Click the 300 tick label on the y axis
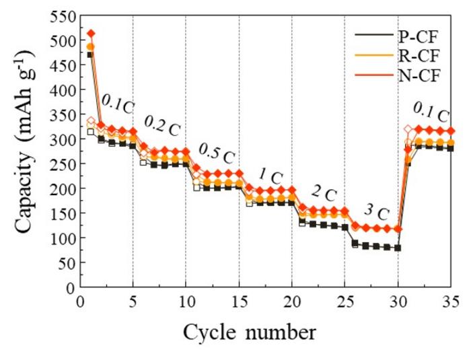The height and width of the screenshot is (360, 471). pyautogui.click(x=59, y=139)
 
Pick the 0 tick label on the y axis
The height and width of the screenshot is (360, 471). pyautogui.click(x=68, y=287)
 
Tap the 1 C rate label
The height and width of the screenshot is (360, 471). pyautogui.click(x=270, y=176)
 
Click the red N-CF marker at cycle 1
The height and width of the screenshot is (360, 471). pyautogui.click(x=91, y=33)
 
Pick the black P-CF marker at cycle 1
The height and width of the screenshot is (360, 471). pyautogui.click(x=91, y=55)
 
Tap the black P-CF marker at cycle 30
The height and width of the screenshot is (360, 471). pyautogui.click(x=398, y=248)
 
